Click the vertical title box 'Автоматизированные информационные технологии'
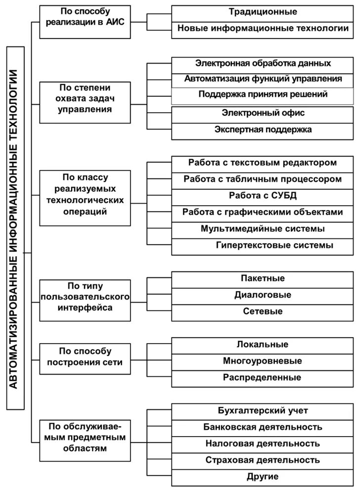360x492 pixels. point(16,227)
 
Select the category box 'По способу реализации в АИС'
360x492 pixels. point(85,22)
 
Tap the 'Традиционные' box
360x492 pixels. point(263,12)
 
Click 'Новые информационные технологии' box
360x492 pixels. point(263,29)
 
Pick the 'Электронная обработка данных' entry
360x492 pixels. point(263,64)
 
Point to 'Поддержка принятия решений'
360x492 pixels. point(263,94)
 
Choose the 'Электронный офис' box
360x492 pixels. point(263,113)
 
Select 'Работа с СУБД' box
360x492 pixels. point(263,195)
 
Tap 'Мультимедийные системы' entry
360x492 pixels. point(263,229)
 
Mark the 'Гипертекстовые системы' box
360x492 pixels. point(263,245)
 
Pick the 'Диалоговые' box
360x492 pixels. point(263,295)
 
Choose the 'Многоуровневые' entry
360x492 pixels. point(263,361)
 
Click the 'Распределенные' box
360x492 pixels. point(263,378)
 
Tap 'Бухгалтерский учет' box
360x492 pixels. point(263,411)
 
